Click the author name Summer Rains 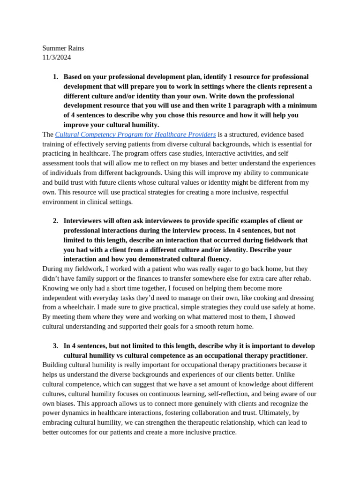coord(63,48)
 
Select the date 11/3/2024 coord(57,58)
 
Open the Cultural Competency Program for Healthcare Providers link coord(135,135)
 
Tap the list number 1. coord(55,77)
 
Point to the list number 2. coord(55,221)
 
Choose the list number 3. coord(55,346)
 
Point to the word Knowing coord(55,288)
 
